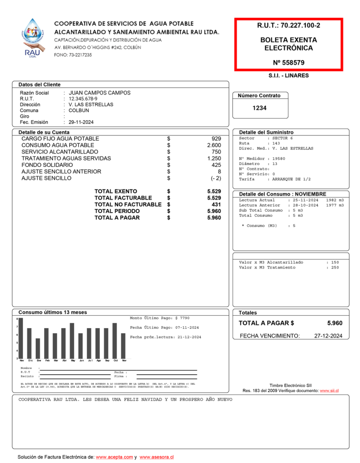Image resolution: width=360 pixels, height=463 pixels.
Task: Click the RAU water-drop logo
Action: (x=33, y=38)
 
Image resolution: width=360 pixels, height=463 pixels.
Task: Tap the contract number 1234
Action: (x=259, y=108)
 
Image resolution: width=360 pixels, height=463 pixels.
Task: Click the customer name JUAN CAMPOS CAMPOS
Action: (x=99, y=93)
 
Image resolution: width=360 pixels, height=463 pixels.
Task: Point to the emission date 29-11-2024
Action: (x=81, y=122)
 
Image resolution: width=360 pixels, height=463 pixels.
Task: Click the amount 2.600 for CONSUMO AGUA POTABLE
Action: (x=214, y=145)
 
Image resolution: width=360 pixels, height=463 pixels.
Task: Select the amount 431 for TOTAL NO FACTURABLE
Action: (x=216, y=204)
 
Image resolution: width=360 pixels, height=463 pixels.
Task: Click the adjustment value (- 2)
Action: (x=214, y=178)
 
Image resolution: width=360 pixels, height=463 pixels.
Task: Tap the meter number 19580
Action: (x=276, y=159)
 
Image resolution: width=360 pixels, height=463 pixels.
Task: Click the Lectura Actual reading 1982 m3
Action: (x=334, y=200)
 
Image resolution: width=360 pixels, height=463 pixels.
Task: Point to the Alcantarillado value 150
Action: (x=335, y=262)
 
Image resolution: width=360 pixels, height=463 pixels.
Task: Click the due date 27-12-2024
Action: (x=328, y=335)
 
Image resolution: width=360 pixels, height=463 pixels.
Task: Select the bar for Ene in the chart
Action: (x=38, y=348)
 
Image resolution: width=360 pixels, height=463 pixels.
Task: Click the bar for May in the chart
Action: (x=72, y=340)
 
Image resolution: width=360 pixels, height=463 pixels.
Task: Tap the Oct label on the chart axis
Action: (x=115, y=360)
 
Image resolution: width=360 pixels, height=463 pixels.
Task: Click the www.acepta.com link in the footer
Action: (x=114, y=457)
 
